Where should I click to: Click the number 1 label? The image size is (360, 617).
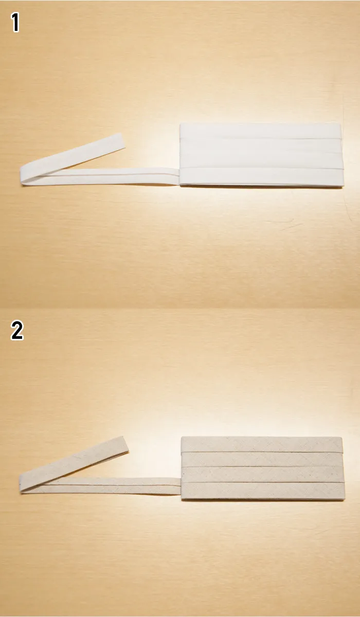coord(15,23)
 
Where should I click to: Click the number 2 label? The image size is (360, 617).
coord(17,330)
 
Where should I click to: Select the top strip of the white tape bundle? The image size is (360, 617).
coord(261,131)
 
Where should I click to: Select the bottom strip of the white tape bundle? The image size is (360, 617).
coord(262,177)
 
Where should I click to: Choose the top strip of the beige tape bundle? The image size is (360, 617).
coord(262,444)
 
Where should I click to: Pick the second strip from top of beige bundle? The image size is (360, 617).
coord(262,460)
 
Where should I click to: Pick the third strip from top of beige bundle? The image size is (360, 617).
coord(263,475)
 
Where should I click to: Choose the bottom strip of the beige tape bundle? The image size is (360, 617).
coord(263,491)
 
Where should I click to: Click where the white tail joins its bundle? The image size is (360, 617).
coord(179,176)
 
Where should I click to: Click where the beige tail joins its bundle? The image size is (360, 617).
coord(181,486)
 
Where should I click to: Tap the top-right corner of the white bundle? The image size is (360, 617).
coord(341,124)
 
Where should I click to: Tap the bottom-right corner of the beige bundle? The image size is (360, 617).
coord(344,500)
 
